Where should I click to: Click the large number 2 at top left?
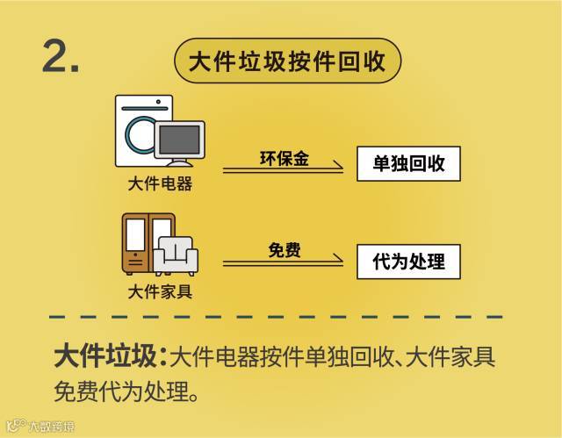pos(61,58)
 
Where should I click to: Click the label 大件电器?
pos(160,184)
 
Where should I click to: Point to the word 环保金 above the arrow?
pos(283,158)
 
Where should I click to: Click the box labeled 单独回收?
pos(408,163)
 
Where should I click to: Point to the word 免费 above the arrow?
pos(284,250)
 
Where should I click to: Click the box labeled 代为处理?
pos(408,261)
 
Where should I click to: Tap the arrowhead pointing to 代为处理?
pos(337,261)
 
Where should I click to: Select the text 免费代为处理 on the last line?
pos(120,389)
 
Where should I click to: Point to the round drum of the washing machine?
pos(137,134)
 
